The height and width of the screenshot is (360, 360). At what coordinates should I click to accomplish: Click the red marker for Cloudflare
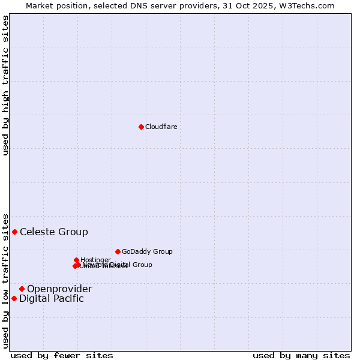point(141,127)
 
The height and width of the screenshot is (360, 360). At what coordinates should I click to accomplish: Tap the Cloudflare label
point(161,127)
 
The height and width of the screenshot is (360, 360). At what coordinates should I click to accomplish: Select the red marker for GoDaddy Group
point(118,251)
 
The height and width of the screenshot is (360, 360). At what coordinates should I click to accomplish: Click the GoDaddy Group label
point(147,251)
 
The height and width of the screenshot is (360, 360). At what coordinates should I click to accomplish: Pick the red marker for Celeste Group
point(15,232)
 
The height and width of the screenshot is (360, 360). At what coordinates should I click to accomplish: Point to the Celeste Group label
point(54,232)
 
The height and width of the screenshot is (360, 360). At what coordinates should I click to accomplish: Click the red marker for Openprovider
point(22,289)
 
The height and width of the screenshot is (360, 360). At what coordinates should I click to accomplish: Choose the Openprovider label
point(59,289)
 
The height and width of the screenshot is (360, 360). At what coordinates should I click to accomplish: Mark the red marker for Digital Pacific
point(14,298)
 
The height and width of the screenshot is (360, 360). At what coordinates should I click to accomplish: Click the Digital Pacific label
point(52,298)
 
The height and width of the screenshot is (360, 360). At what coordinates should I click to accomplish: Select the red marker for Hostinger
point(77,260)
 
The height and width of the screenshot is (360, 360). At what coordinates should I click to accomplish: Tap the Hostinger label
point(96,260)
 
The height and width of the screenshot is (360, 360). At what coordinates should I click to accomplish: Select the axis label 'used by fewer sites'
point(62,355)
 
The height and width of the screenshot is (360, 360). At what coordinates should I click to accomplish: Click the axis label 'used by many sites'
point(301,355)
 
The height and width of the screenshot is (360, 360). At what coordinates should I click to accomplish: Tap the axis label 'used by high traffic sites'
point(5,85)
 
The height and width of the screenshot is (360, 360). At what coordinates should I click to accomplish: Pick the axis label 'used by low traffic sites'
point(5,281)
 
